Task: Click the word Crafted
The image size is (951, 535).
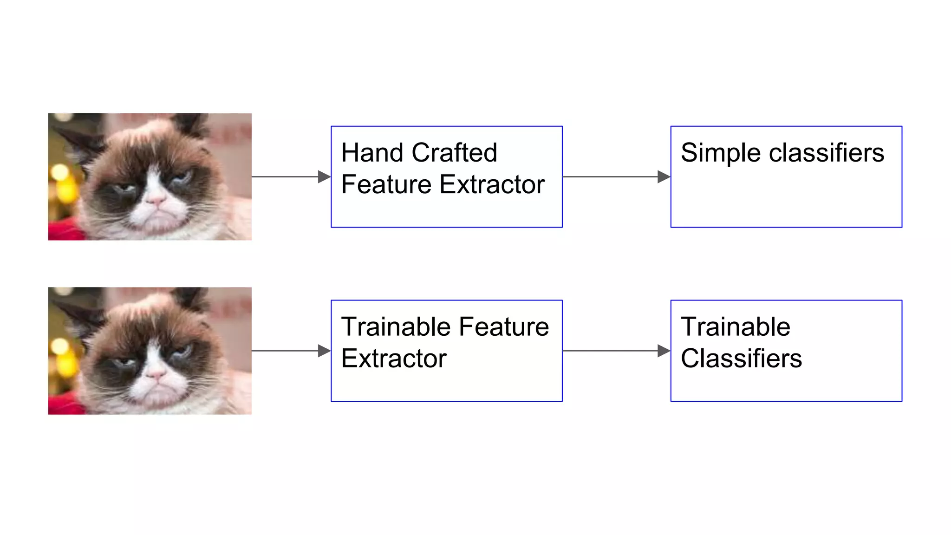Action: click(454, 153)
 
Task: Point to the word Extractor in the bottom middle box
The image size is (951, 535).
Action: click(394, 359)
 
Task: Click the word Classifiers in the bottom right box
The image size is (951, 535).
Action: click(741, 359)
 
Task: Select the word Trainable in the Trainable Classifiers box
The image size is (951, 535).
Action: click(736, 327)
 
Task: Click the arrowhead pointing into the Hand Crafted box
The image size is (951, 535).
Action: click(324, 176)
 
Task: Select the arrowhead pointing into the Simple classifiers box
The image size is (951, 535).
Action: click(664, 176)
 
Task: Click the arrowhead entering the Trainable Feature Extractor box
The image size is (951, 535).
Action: click(324, 351)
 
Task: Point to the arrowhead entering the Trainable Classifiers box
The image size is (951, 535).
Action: click(664, 351)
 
